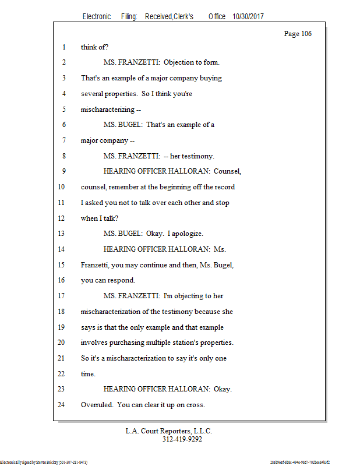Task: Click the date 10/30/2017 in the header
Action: (x=248, y=17)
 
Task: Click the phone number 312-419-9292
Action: (x=182, y=439)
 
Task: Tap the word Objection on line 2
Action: (x=179, y=62)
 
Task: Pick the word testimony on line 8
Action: (x=192, y=156)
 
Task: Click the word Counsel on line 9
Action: (x=227, y=171)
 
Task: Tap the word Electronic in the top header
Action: (x=97, y=17)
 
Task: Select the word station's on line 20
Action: (x=200, y=342)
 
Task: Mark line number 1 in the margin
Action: (x=63, y=47)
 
